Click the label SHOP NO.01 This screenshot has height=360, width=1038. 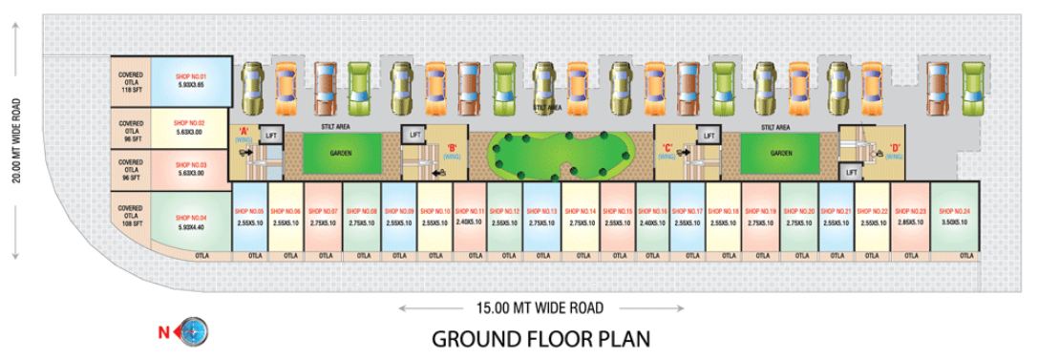pyautogui.click(x=190, y=74)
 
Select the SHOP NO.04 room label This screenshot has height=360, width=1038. pyautogui.click(x=190, y=217)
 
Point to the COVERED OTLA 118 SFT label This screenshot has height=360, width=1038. pyautogui.click(x=131, y=79)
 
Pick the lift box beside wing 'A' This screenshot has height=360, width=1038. pyautogui.click(x=269, y=136)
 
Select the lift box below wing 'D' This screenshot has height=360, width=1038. pyautogui.click(x=852, y=172)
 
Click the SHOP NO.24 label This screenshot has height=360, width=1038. pyautogui.click(x=954, y=210)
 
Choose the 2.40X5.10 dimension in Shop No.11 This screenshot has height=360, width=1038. pyautogui.click(x=470, y=222)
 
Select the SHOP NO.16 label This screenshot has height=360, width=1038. pyautogui.click(x=652, y=210)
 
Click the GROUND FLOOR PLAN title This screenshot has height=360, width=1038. pyautogui.click(x=541, y=339)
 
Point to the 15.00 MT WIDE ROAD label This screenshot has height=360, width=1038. pyautogui.click(x=541, y=307)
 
